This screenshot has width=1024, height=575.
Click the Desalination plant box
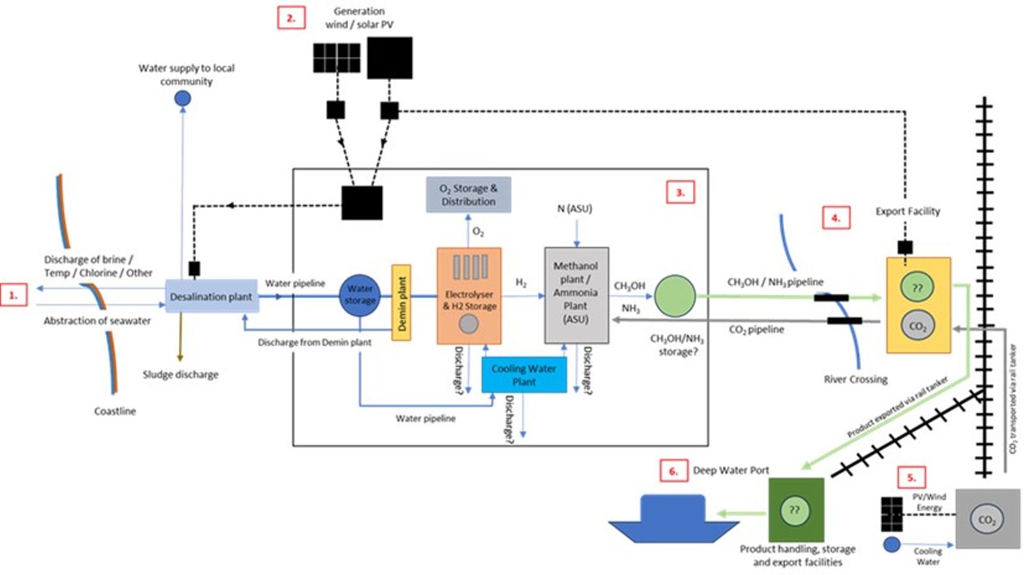coord(211,296)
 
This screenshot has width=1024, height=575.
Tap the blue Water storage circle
coord(359,295)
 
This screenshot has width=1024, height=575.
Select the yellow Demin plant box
coord(401,303)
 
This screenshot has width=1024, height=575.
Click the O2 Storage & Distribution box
coord(468,195)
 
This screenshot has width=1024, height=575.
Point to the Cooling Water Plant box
coord(524,375)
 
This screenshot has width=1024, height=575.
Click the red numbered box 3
coord(680,192)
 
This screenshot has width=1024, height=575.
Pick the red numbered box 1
coord(13,295)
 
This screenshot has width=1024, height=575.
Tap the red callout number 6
coord(673,471)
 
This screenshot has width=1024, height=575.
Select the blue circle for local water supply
coord(182,99)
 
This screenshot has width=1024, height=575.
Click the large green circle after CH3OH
coord(675,296)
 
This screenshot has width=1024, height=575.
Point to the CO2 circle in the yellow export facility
coord(917,326)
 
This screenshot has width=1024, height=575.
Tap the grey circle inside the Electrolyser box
coord(468,325)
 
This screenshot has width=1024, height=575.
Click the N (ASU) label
coord(574,209)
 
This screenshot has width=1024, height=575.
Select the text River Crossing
coord(855,379)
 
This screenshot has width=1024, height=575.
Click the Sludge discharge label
coord(180,375)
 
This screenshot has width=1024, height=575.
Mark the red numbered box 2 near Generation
coord(291,18)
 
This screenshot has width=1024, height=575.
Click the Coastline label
coord(115,411)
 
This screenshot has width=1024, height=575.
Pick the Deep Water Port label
coord(730,471)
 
